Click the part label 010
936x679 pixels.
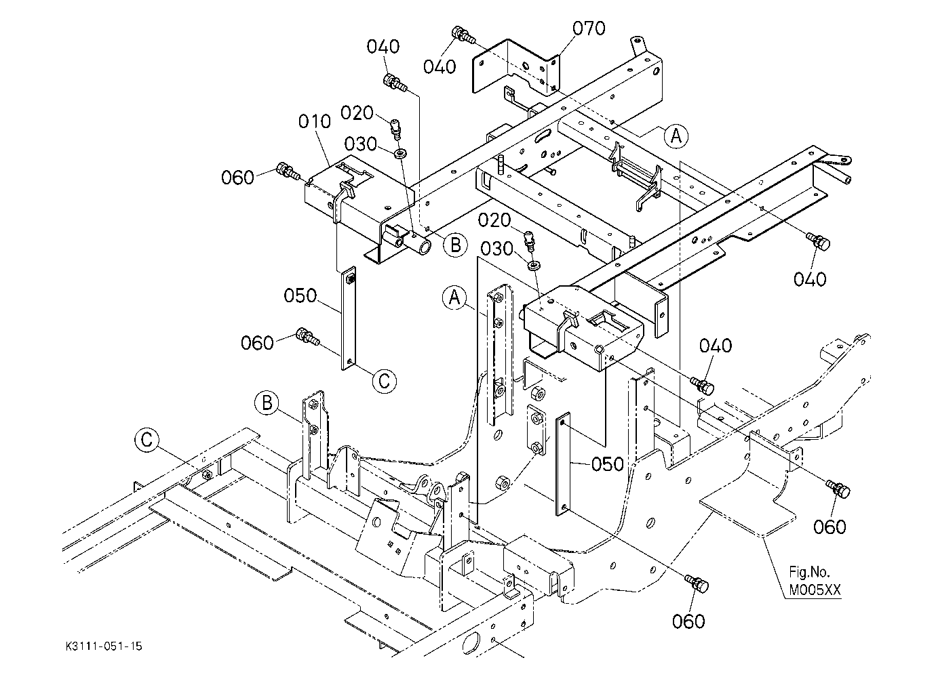pos(314,121)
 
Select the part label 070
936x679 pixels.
pos(589,28)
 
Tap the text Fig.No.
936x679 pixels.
pos(809,571)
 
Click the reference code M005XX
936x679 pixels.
pos(815,590)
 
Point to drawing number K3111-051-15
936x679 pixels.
pos(104,646)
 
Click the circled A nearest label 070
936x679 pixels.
pos(676,136)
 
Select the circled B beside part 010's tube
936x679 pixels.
pos(455,245)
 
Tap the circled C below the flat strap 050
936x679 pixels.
pos(385,381)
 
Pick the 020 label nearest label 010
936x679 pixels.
pos(357,112)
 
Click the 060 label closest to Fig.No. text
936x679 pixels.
pos(830,527)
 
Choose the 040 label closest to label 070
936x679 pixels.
pos(440,66)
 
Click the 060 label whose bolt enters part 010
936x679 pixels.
pos(238,178)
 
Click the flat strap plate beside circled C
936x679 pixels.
pos(349,318)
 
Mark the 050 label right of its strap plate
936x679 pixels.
pos(607,464)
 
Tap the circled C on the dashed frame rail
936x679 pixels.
pos(147,440)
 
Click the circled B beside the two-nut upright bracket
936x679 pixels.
pos(267,403)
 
